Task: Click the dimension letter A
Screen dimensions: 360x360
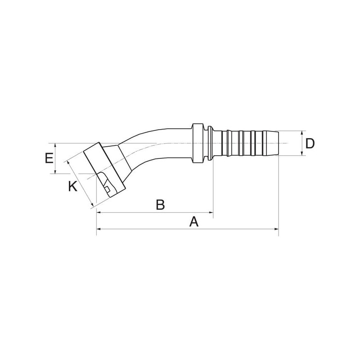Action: [x=194, y=222]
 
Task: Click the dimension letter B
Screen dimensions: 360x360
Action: [x=160, y=205]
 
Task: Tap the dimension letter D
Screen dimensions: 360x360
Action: [x=310, y=144]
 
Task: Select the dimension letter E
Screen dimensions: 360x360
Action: [x=49, y=158]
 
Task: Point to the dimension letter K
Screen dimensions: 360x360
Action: [x=72, y=186]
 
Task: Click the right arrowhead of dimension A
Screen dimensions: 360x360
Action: [x=276, y=229]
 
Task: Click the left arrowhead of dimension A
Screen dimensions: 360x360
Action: [x=99, y=229]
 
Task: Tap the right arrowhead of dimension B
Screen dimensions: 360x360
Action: [x=211, y=212]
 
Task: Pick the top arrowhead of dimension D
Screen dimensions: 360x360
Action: [x=301, y=133]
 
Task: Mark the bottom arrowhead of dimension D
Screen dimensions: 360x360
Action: [x=301, y=153]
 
